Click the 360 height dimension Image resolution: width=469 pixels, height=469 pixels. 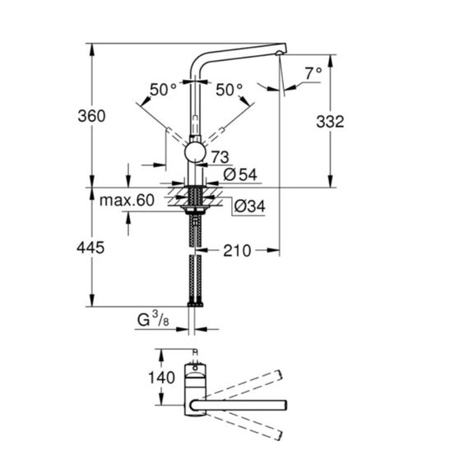91,116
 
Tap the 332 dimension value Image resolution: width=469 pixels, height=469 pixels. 330,122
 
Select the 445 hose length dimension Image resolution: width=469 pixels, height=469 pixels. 91,248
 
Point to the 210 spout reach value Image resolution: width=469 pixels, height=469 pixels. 237,251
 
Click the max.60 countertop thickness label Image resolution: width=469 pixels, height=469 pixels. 127,200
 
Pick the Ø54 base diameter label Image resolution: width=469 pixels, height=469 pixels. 240,174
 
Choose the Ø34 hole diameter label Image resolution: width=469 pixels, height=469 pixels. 249,207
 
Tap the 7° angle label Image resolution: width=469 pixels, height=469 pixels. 313,73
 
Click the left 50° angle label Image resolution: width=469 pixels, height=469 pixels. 163,90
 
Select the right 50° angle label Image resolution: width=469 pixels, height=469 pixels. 230,90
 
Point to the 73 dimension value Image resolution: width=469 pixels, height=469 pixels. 221,157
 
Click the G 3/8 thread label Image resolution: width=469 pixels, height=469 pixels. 153,319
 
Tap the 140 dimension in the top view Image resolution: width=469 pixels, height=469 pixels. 162,378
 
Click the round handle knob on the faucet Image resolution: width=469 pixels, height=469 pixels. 195,152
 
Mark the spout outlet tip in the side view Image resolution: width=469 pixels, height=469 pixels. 279,53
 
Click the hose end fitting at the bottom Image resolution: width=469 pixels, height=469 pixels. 195,304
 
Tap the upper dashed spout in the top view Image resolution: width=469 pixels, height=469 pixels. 242,384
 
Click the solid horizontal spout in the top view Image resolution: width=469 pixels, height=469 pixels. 239,405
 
